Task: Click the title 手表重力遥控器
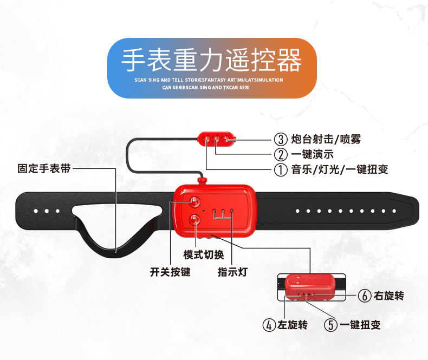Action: point(211,60)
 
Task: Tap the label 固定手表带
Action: point(44,168)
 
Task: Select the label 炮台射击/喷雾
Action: point(325,139)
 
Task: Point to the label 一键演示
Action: point(314,154)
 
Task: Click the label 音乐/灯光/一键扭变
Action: point(339,169)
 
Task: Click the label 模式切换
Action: point(203,254)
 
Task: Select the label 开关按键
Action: point(170,272)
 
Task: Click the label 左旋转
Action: point(292,325)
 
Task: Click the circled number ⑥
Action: point(364,296)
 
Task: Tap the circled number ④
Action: point(269,325)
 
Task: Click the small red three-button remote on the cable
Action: point(217,139)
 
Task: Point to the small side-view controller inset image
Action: point(310,287)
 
